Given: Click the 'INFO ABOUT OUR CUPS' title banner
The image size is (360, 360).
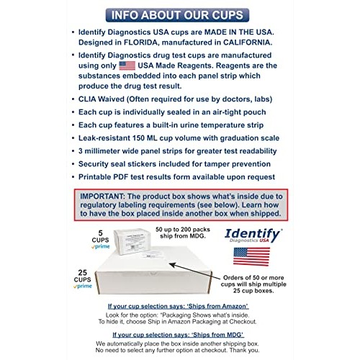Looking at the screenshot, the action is point(179,14).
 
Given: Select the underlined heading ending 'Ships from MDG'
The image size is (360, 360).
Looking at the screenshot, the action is point(179,336).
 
